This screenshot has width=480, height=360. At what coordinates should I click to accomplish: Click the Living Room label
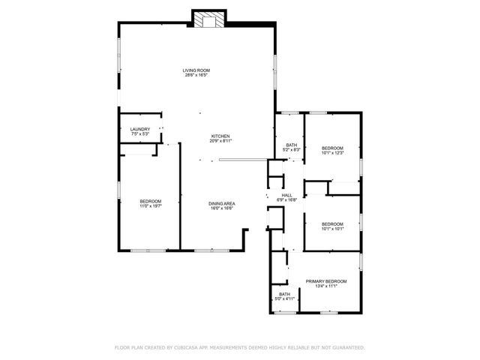click(195, 70)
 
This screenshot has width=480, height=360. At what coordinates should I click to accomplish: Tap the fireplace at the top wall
click(208, 19)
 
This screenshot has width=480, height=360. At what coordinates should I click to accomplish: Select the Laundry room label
click(140, 129)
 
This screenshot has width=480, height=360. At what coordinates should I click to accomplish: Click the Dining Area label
click(221, 203)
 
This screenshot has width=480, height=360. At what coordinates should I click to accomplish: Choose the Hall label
click(286, 195)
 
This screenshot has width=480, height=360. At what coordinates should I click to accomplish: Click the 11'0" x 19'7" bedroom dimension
click(150, 208)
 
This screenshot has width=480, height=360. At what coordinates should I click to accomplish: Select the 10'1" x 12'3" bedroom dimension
click(332, 153)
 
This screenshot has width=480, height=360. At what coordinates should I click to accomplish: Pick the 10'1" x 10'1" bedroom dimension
click(332, 229)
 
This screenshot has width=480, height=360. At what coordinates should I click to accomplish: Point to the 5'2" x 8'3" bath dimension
click(291, 150)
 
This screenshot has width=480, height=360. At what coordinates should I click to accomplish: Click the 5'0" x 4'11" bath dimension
click(285, 299)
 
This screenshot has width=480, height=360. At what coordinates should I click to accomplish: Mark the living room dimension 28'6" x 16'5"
click(195, 75)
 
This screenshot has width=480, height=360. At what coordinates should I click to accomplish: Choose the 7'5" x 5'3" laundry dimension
click(140, 133)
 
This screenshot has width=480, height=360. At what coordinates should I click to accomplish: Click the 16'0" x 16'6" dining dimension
click(221, 208)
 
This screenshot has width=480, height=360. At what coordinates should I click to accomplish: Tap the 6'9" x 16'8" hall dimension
click(286, 199)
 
